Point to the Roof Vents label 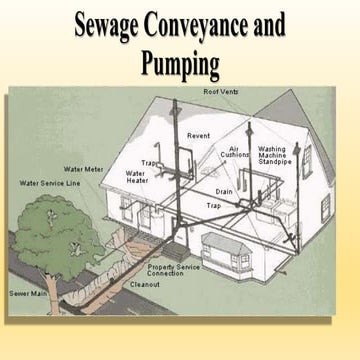pos(222,92)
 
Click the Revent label pos(199,134)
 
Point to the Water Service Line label pos(51,184)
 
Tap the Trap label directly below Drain pos(213,206)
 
